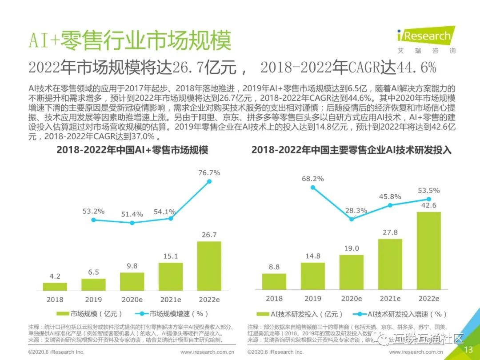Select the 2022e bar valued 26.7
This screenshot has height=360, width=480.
209,266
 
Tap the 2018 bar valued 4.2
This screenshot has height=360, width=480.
55,286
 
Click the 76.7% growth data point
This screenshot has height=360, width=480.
209,181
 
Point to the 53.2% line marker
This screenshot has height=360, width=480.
93,220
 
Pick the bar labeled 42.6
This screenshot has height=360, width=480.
429,251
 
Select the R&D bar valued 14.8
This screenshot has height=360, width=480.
313,276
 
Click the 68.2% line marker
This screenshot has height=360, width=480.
313,188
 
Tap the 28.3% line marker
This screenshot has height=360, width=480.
352,219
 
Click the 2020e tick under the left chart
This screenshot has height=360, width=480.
132,300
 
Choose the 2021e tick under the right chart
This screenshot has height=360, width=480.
390,299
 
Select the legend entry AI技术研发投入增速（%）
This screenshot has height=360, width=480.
402,314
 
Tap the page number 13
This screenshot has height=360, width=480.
468,350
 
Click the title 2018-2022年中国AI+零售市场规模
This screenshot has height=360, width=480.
132,150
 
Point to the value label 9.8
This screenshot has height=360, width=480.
132,266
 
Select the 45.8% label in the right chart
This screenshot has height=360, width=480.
390,196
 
